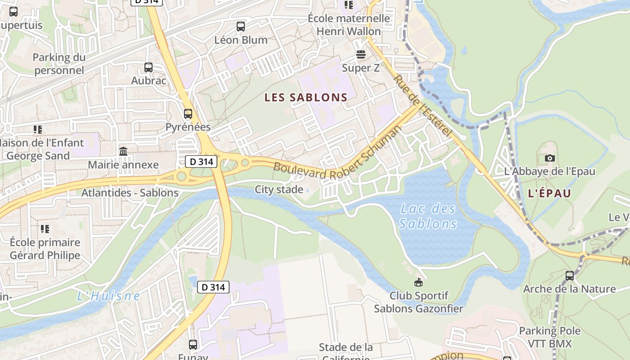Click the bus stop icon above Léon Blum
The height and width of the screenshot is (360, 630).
click(241, 27)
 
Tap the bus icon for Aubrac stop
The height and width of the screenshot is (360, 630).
click(148, 67)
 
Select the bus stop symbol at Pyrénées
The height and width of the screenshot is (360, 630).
click(188, 114)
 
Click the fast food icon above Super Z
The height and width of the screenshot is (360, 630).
click(360, 55)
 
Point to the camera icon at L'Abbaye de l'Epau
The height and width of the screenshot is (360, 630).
click(549, 158)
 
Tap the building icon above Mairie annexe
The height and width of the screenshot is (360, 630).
click(123, 152)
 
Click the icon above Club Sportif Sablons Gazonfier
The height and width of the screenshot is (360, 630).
click(418, 283)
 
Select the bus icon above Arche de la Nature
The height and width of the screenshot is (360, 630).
click(570, 275)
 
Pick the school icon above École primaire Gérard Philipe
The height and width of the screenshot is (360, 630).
click(45, 229)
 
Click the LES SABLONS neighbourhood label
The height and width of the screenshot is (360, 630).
click(306, 97)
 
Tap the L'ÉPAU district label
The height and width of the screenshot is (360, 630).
click(549, 193)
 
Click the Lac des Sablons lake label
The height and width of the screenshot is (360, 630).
click(428, 216)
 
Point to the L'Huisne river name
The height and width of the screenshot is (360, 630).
click(108, 296)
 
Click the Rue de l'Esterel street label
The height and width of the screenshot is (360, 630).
click(423, 106)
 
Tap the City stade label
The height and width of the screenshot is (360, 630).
click(279, 189)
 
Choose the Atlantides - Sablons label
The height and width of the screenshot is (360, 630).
click(130, 193)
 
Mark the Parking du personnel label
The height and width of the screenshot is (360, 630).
click(59, 64)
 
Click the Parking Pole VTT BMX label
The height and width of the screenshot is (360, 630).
click(549, 337)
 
